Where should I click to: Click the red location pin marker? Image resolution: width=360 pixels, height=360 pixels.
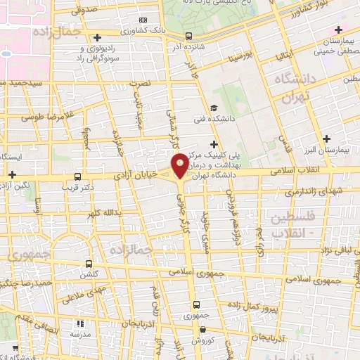[180, 165]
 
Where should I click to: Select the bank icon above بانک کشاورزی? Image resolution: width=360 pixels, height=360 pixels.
[143, 20]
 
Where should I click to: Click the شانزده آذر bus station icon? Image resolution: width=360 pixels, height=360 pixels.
[188, 36]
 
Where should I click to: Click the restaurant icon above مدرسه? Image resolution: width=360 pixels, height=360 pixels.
[80, 324]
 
